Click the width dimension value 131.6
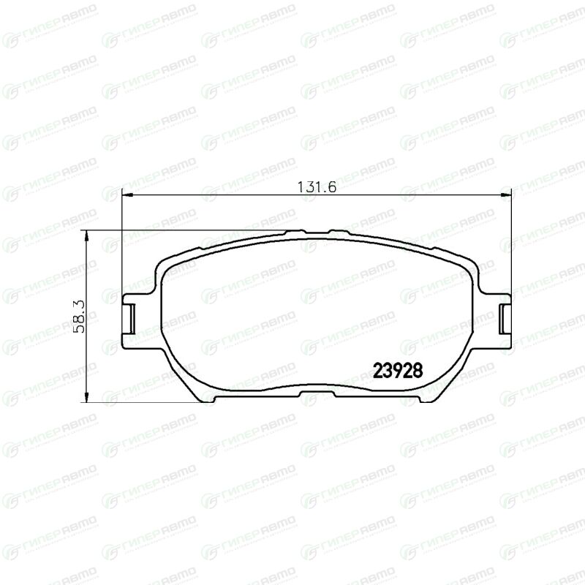[x=317, y=186]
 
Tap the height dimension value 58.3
[x=79, y=317]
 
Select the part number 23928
[x=398, y=371]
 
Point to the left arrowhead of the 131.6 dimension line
[x=127, y=195]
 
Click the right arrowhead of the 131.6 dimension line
[x=506, y=195]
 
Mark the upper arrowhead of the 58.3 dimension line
[x=86, y=235]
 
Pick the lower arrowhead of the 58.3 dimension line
[x=86, y=397]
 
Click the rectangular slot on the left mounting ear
[x=129, y=319]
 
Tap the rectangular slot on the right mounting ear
[x=505, y=319]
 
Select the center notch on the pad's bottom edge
[x=317, y=394]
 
